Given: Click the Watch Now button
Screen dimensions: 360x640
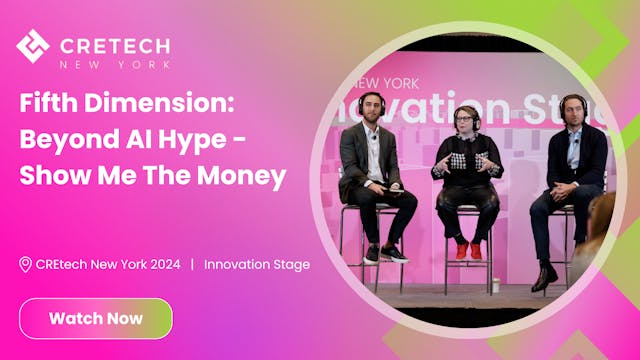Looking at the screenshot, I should [x=96, y=318].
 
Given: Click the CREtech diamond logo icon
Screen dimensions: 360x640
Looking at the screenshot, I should [x=33, y=46].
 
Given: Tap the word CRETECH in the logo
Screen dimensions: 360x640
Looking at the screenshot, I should [x=115, y=45].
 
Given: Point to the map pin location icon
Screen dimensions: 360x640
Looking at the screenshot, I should [x=26, y=264].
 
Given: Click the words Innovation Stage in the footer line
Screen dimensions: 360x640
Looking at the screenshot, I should [x=257, y=264].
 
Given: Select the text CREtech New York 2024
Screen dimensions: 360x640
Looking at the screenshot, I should [x=108, y=264].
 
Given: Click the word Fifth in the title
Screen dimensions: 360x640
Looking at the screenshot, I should [x=48, y=103].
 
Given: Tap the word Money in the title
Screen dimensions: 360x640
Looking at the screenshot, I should [x=241, y=176].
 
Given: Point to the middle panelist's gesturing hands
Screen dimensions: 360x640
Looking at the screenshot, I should [x=467, y=162].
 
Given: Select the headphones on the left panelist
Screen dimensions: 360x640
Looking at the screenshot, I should [x=372, y=104].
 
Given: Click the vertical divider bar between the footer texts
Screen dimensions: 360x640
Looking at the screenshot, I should [x=191, y=264].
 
